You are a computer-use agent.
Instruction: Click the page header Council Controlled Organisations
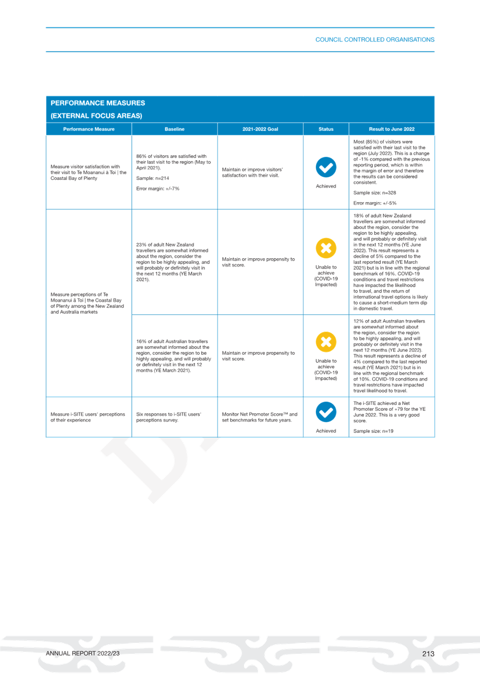(374, 40)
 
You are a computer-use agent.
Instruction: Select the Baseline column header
(175, 129)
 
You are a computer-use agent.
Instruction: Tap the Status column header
(326, 129)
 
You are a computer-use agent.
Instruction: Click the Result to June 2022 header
(392, 129)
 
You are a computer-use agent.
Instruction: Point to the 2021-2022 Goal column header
(260, 129)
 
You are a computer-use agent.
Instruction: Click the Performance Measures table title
(98, 109)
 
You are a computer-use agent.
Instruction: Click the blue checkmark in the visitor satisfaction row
(326, 167)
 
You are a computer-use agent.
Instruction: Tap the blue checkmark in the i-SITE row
(326, 412)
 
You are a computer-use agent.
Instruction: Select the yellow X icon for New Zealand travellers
(326, 248)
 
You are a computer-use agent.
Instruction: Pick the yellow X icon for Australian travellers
(326, 342)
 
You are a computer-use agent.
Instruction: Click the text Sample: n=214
(153, 178)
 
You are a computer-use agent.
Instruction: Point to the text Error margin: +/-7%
(158, 188)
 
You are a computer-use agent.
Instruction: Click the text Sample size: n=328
(374, 193)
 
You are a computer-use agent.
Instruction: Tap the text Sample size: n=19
(373, 431)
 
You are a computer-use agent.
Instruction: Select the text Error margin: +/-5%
(375, 203)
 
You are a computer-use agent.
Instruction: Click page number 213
(428, 654)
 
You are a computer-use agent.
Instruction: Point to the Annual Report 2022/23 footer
(83, 654)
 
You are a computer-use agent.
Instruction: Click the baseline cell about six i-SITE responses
(169, 417)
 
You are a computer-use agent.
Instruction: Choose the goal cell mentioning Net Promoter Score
(259, 417)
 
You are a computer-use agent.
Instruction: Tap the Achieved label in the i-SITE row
(326, 431)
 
